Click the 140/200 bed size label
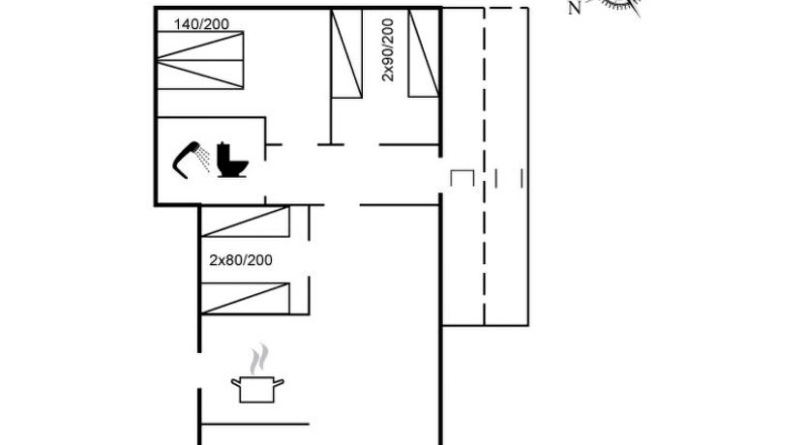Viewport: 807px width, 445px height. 208,22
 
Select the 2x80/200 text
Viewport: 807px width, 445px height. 241,260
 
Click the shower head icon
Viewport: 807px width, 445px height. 191,157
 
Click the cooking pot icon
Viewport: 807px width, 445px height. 257,389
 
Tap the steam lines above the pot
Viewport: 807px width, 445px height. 257,361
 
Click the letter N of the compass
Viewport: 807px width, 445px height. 574,9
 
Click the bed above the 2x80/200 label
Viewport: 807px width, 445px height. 245,222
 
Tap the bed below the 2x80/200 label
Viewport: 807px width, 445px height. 245,297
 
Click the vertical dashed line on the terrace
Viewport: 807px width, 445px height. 484,164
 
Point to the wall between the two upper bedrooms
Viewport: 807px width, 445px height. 332,77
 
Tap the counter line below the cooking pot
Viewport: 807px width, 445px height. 254,424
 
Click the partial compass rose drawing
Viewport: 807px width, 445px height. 619,7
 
